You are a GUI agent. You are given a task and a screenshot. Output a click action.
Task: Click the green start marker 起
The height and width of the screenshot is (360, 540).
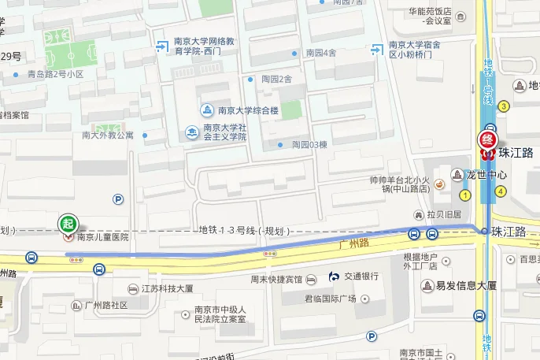click(68, 221)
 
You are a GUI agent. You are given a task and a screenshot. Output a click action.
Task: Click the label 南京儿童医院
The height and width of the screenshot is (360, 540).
click(102, 236)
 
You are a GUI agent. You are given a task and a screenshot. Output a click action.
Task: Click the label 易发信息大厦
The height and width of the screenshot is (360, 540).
click(467, 285)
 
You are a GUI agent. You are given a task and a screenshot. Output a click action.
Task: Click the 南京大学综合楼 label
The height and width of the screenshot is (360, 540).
click(248, 110)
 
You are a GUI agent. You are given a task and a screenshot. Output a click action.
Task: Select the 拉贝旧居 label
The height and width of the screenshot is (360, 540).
click(444, 214)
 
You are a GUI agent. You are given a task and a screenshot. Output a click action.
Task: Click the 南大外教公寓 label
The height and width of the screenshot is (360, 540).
click(108, 135)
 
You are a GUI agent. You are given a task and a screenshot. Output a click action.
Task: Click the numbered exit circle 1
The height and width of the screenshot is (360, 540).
click(465, 195)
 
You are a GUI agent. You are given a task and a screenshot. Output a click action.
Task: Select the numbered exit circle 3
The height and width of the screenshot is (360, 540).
click(504, 106)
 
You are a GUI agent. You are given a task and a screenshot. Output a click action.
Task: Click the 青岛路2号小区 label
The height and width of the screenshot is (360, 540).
click(55, 74)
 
